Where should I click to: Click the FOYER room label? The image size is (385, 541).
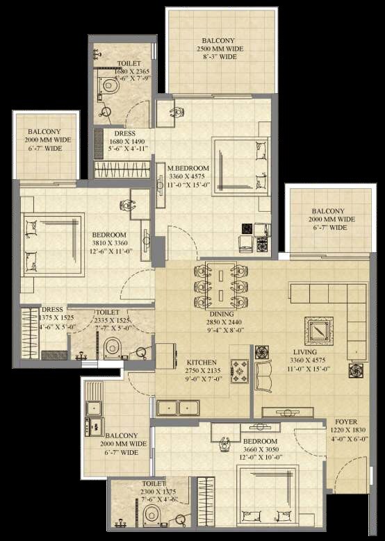tap(346, 422)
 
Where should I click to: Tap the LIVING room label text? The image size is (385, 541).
tap(304, 352)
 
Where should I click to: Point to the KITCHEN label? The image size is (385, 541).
tap(201, 363)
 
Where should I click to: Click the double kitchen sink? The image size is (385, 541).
tap(178, 408)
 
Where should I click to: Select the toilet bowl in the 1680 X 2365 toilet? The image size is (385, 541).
tap(108, 85)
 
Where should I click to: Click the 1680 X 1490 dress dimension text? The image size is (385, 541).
tap(129, 141)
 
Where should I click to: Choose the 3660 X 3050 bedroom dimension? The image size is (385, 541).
tap(261, 449)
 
